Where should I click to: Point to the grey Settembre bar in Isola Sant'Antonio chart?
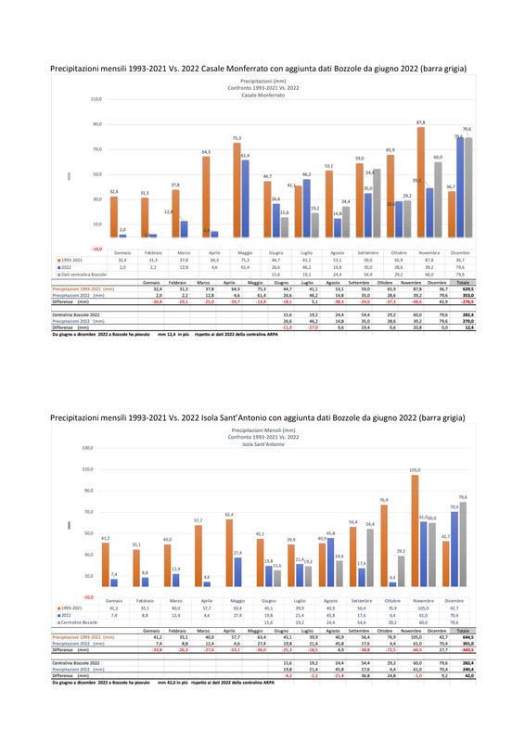(369, 558)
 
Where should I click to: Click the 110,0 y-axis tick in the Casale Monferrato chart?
(95, 99)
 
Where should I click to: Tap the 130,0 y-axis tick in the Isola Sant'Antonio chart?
(88, 448)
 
